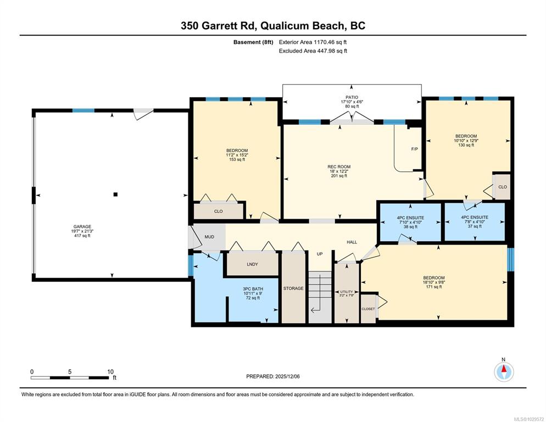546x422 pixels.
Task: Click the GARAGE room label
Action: coord(82,226)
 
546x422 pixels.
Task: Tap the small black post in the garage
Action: coord(115,195)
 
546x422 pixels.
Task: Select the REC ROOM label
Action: coord(339,166)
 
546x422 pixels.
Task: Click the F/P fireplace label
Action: coord(414,149)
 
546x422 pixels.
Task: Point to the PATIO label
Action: coord(352,97)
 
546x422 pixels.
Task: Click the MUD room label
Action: coord(209,237)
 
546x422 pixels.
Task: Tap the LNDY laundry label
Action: coord(253,264)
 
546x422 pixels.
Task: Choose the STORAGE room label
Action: coord(293,288)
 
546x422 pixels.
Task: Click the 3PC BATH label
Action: coord(253,289)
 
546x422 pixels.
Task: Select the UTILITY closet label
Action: coord(347,292)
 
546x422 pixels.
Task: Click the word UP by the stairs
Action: coord(320,254)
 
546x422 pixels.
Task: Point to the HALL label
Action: coord(352,242)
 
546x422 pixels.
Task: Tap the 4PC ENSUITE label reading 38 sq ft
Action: coord(410,218)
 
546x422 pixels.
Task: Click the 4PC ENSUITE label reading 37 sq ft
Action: coord(475,217)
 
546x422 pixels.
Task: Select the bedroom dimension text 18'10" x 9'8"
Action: coord(434,282)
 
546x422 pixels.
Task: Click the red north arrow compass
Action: coord(504,372)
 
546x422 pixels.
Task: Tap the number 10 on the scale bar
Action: coord(110,372)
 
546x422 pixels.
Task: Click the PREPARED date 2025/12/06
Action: coord(287,376)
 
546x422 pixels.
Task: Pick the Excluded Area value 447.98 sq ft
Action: coord(332,51)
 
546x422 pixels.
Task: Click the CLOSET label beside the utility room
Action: coord(368,309)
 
